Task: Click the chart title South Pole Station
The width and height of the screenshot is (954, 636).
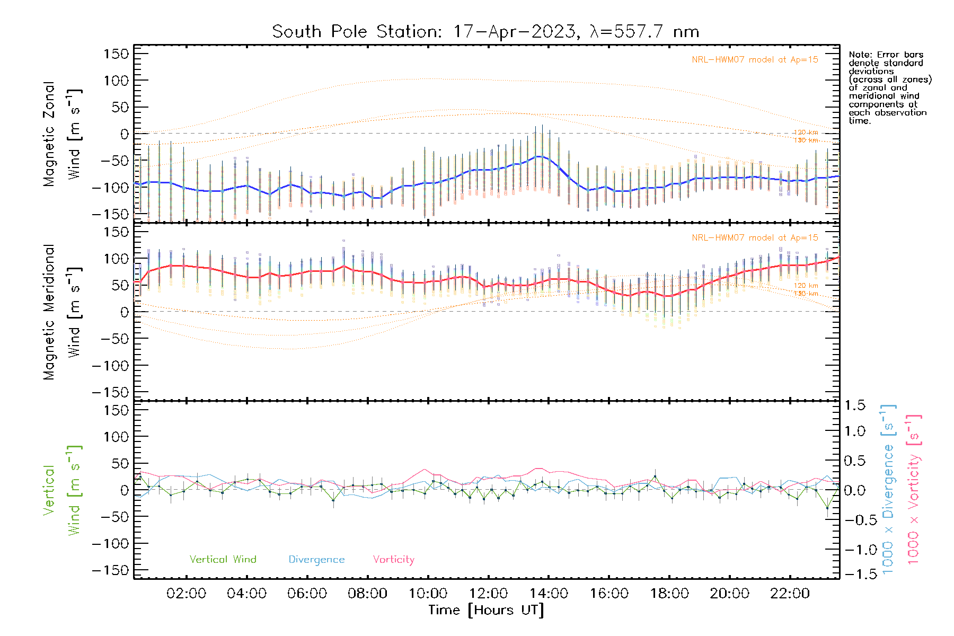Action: [485, 32]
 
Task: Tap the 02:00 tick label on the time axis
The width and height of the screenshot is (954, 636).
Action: [186, 594]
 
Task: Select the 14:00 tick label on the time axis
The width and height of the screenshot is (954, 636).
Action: [549, 594]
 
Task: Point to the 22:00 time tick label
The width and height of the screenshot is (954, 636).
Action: [790, 594]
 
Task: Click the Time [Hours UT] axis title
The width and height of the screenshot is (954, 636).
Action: [486, 610]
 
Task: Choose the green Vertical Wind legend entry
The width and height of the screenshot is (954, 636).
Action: [223, 560]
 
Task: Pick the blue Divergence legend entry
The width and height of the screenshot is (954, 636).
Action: [316, 560]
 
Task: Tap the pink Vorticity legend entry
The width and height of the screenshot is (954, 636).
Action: [393, 560]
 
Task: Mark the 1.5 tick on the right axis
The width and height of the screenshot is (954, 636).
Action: [854, 405]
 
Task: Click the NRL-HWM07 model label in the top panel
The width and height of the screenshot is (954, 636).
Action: [755, 60]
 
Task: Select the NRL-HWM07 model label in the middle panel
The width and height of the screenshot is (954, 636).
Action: [755, 238]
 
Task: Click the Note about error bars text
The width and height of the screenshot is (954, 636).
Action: [889, 87]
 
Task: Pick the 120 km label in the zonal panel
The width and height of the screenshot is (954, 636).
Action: [806, 132]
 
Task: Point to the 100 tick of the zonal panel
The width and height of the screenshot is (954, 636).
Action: [117, 81]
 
